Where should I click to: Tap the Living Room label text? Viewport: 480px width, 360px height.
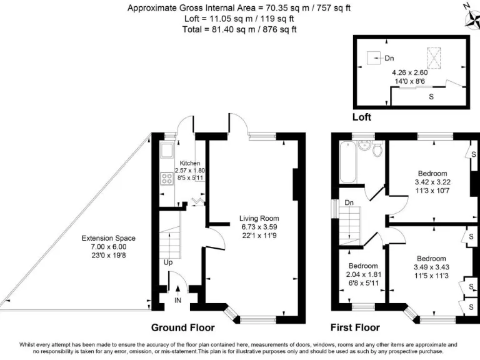pos(257,218)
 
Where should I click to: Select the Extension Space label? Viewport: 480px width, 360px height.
pos(108,238)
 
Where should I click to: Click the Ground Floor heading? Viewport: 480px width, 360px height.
pos(183,327)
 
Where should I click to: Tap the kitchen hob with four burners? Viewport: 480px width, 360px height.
pos(168,179)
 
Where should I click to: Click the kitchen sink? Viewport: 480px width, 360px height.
pos(167,151)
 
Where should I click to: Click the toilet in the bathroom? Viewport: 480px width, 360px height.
pos(376,149)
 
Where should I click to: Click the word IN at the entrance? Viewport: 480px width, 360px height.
pos(178,301)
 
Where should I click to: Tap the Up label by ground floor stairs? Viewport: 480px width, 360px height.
pos(168,262)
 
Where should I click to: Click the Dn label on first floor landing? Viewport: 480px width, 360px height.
pos(349,202)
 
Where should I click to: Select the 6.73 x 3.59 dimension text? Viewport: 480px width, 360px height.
pos(257,227)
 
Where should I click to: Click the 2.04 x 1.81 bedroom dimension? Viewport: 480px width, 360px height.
pos(362,274)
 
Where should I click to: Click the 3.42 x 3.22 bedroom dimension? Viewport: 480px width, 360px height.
pos(432,182)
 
